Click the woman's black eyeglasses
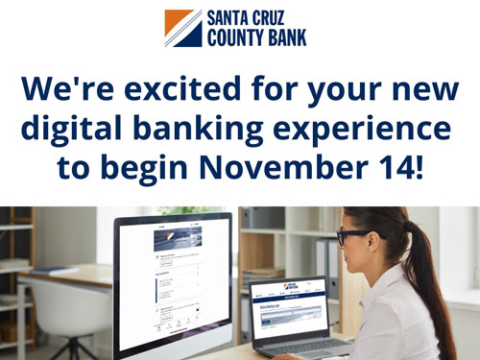point(352,235)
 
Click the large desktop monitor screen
point(174,279)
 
